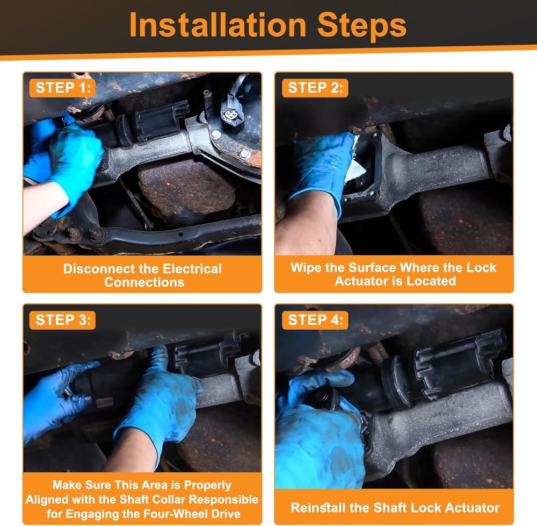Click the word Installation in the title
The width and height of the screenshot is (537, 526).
click(x=218, y=25)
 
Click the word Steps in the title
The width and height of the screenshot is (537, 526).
click(x=362, y=25)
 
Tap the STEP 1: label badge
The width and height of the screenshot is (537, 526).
click(x=62, y=88)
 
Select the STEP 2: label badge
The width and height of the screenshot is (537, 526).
click(x=315, y=88)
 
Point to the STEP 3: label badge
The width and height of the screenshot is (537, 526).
click(x=62, y=320)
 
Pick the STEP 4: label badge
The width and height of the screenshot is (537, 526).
click(x=315, y=320)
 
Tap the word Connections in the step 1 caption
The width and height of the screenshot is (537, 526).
click(x=144, y=282)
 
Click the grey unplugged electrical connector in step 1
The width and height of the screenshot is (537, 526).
click(x=232, y=109)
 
